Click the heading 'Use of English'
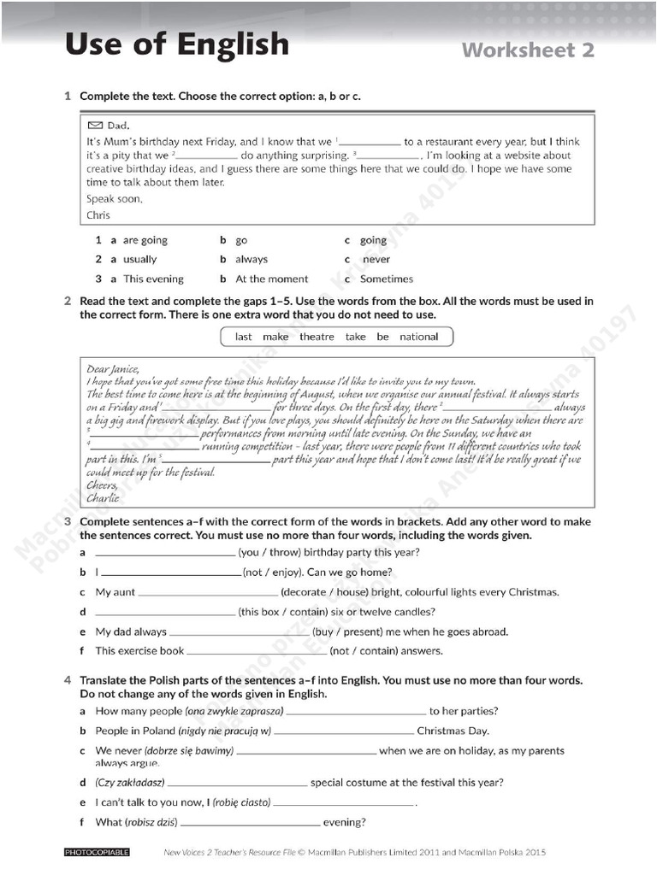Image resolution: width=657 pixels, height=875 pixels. [177, 44]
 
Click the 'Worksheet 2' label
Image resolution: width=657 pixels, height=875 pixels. [528, 50]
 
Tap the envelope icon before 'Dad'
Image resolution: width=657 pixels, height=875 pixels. [95, 125]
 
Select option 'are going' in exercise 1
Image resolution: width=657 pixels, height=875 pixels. [145, 240]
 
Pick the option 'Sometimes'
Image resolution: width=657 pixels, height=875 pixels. [386, 279]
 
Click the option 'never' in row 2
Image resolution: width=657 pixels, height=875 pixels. [376, 259]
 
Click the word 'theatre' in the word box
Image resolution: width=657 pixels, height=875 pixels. [317, 337]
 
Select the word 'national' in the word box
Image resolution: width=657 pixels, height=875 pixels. [418, 337]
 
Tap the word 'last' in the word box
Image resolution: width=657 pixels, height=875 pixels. [244, 337]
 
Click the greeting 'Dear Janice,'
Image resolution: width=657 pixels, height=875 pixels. [113, 369]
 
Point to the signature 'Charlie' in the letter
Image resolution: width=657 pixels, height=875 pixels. [103, 497]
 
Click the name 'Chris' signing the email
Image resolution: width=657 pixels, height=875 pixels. [98, 214]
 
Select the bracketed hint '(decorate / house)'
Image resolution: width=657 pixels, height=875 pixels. [324, 591]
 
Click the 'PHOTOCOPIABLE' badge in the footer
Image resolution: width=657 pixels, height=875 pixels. [97, 852]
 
